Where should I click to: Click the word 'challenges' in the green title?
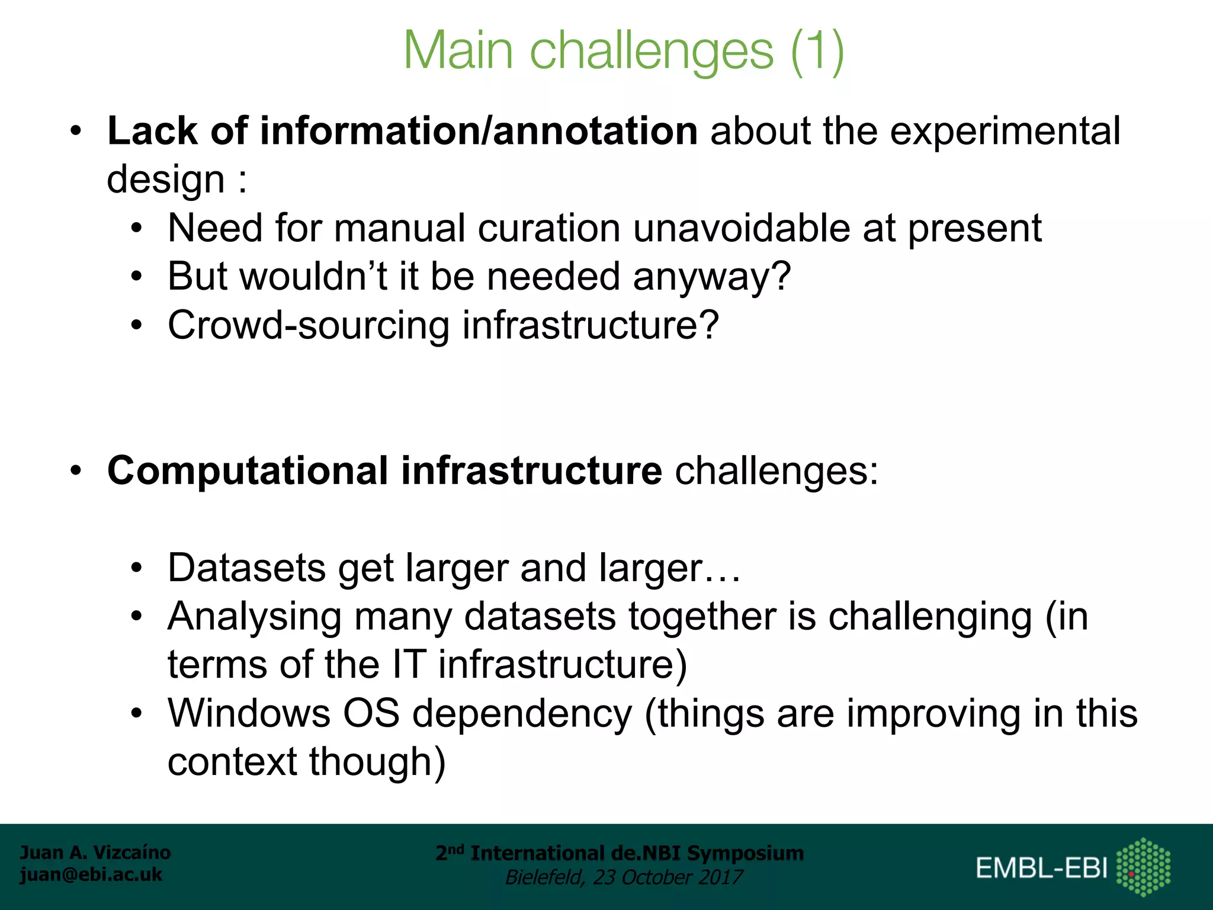coord(651,52)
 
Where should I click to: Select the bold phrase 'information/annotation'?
coord(479,131)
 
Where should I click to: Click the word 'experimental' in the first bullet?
coord(1005,131)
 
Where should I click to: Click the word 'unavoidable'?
coord(742,229)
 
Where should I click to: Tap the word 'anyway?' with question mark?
coord(711,277)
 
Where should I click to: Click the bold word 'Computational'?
coord(248,471)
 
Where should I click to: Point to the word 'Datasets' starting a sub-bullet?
coord(246,568)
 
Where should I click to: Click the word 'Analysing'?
coord(255,617)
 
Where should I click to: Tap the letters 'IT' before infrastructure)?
coord(409,665)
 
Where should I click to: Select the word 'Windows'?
coord(249,713)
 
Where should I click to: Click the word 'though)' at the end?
coord(377,762)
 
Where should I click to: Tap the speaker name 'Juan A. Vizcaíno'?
coord(95,853)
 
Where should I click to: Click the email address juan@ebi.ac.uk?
coord(91,874)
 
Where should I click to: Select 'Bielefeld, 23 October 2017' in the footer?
coord(623,877)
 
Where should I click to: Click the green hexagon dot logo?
coord(1143,867)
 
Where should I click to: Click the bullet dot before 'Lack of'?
coord(75,132)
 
